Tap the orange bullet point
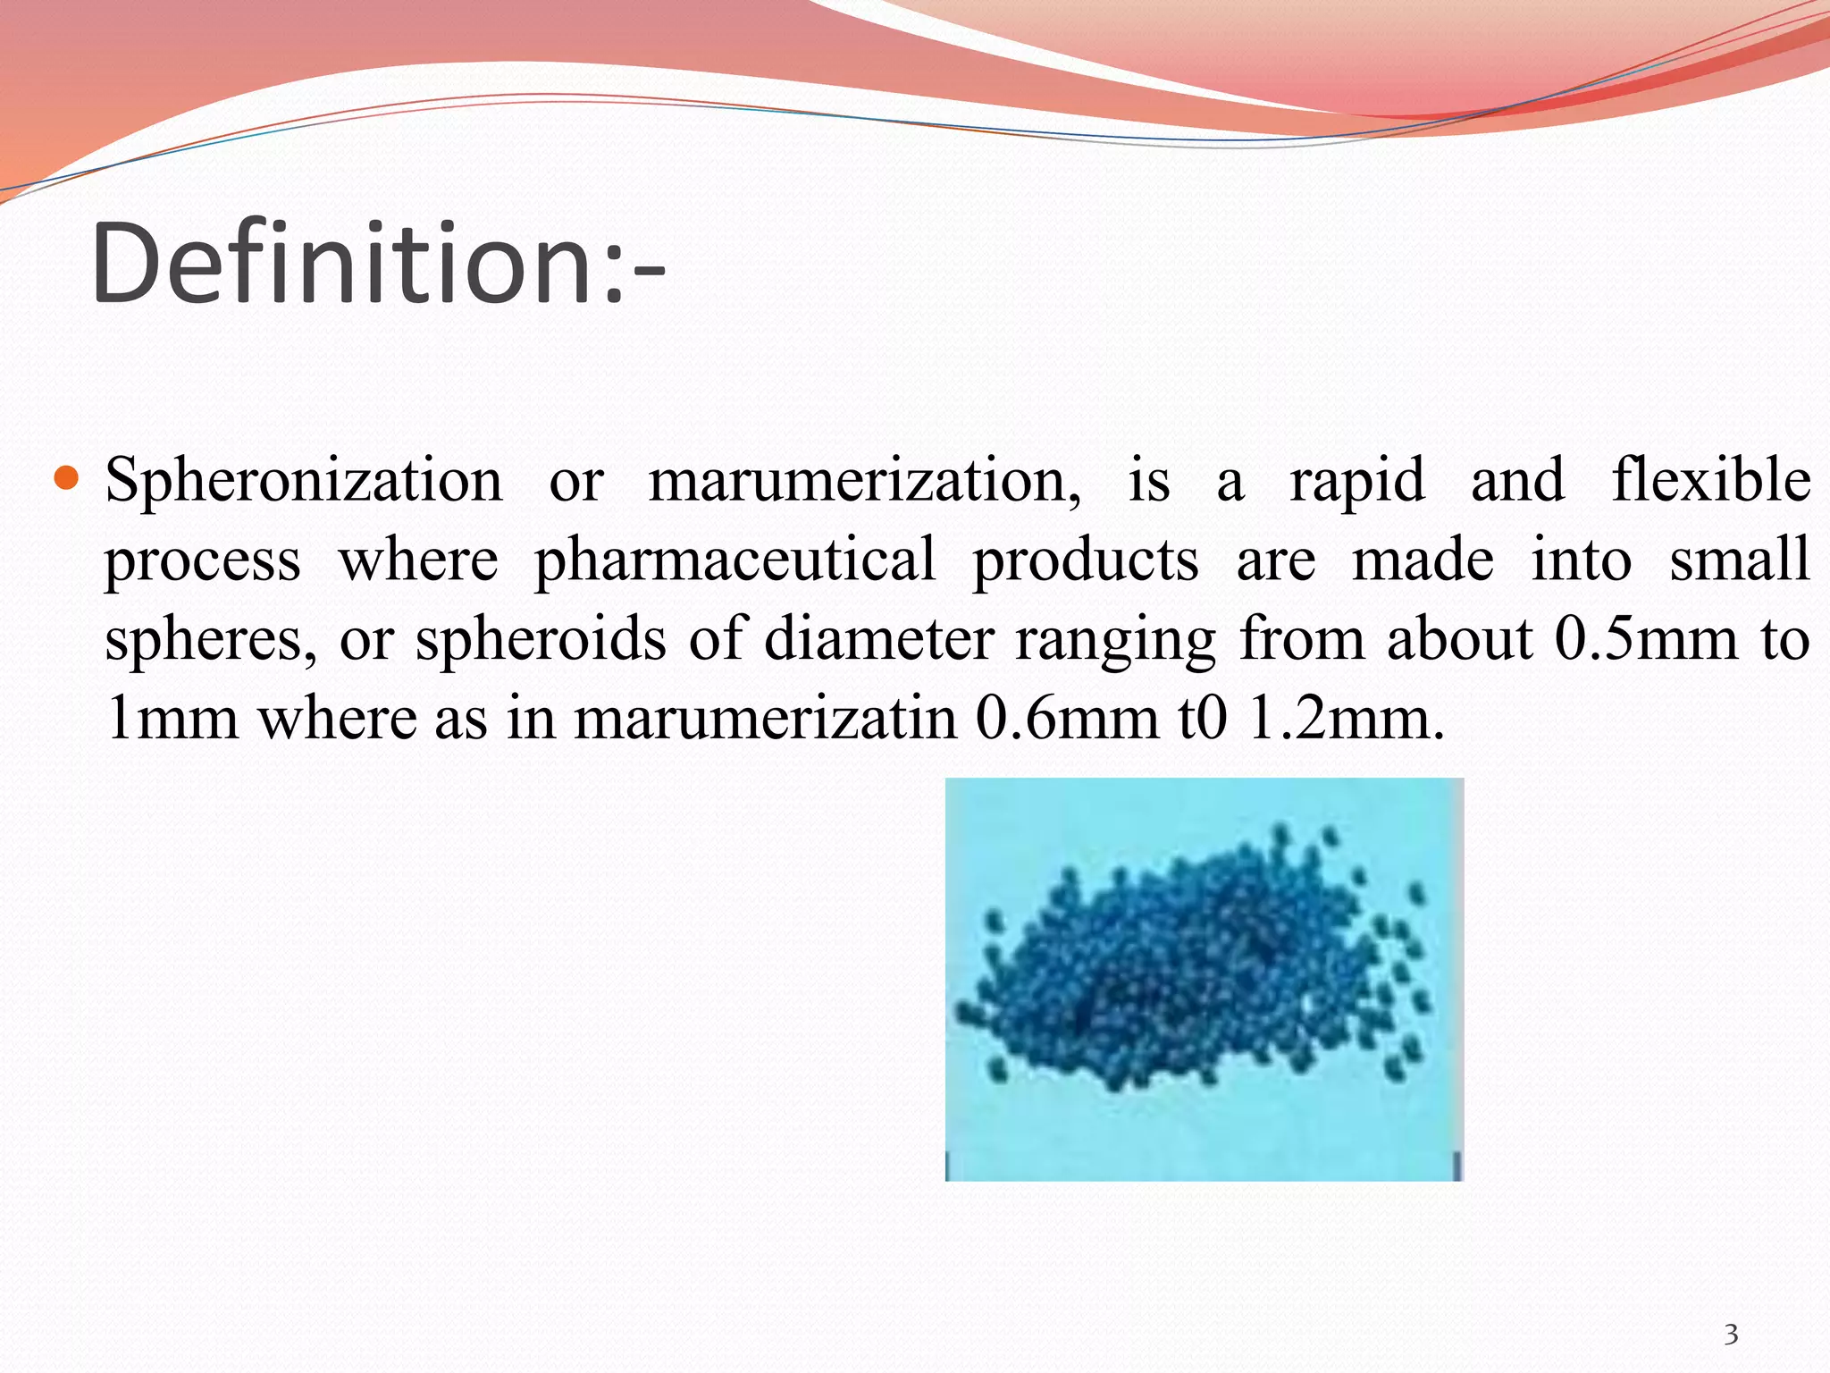[x=67, y=478]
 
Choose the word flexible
[x=1710, y=480]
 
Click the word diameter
[x=879, y=639]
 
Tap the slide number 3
[x=1731, y=1335]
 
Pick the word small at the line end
[x=1739, y=560]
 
